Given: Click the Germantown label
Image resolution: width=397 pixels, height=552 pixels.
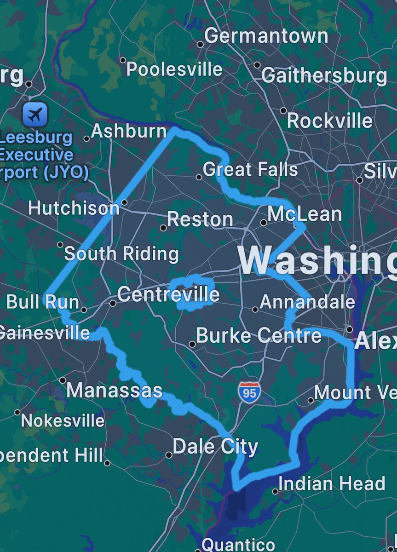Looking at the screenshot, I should coord(266,36).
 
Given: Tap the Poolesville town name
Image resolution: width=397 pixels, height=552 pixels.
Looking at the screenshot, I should coord(174,69).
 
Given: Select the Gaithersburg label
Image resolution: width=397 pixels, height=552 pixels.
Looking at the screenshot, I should coord(324,76).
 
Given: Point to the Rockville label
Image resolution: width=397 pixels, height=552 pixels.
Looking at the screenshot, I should coord(329,121).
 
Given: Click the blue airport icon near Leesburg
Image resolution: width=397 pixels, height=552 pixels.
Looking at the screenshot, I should coord(35,115).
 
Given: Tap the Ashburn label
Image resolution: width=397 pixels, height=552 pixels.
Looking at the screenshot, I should coord(129,132).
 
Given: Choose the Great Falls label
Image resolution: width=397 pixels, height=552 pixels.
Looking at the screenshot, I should coord(250,170).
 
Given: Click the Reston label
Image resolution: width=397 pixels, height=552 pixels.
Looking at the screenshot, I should coord(200,219).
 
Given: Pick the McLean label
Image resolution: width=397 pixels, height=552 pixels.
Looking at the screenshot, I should coord(305,214).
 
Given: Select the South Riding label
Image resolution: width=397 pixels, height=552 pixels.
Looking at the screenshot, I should coord(121,254).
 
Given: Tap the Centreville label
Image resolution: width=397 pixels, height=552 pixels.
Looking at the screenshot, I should coord(168,295).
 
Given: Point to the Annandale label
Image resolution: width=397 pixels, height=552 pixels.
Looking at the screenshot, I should coord(307,302).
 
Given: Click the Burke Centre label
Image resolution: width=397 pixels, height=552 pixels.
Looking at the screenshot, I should coord(259,335).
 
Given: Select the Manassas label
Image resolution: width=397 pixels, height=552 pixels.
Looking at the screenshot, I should coord(115,391).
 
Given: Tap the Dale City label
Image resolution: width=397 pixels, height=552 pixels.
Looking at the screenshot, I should coord(215,447).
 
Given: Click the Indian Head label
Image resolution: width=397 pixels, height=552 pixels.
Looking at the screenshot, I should coord(332,484).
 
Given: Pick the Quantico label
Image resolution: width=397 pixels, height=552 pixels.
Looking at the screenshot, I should coord(238,545).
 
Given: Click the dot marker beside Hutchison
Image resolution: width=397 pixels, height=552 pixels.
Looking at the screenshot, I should coord(124,202).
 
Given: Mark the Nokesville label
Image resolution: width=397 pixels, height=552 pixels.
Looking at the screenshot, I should coord(63,420).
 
